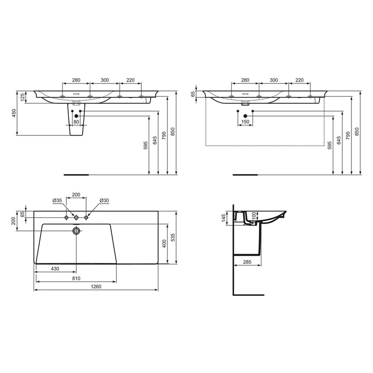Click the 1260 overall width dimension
pyautogui.click(x=96, y=287)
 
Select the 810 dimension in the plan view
pyautogui.click(x=76, y=278)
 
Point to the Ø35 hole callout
pyautogui.click(x=57, y=201)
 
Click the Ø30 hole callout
pyautogui.click(x=104, y=201)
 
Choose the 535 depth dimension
pyautogui.click(x=173, y=237)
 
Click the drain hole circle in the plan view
pyautogui.click(x=76, y=231)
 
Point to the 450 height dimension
pyautogui.click(x=14, y=113)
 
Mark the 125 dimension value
pyautogui.click(x=22, y=96)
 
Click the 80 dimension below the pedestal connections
pyautogui.click(x=76, y=122)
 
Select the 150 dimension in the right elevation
pyautogui.click(x=245, y=122)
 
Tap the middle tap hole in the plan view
pyautogui.click(x=76, y=218)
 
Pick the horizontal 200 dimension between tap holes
pyautogui.click(x=76, y=194)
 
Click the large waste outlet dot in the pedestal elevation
pyautogui.click(x=76, y=115)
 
